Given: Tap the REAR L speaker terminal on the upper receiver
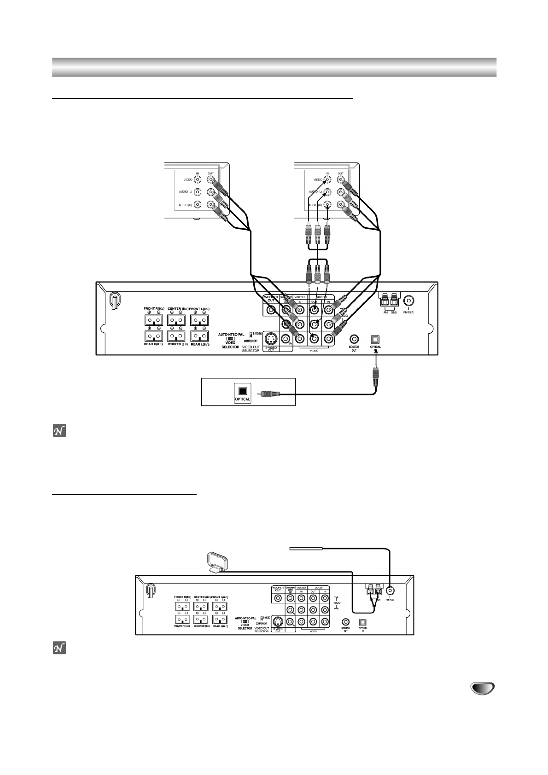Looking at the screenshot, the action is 200,336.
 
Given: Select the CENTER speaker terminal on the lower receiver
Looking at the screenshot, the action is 201,607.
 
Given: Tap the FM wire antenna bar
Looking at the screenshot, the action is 306,548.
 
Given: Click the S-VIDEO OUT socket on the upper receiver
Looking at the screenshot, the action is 271,339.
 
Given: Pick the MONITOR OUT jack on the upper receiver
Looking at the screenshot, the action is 354,340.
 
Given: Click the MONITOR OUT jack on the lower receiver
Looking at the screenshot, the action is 345,621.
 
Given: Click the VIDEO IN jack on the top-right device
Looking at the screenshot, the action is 327,180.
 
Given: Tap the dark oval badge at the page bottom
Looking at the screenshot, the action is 482,688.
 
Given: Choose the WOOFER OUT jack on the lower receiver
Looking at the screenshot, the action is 278,598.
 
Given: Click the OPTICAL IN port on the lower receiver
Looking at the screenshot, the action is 363,621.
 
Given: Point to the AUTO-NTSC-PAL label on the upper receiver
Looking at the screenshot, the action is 231,335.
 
